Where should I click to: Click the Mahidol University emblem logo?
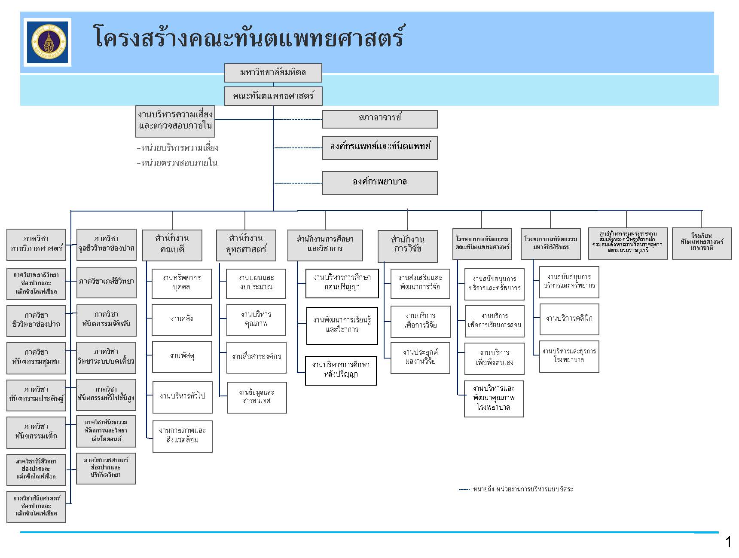47,42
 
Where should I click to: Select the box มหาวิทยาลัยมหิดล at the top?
273,73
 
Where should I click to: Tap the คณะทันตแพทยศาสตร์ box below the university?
273,96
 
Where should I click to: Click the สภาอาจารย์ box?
380,119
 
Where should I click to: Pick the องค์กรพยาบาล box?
380,183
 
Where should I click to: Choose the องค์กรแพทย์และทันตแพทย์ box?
380,147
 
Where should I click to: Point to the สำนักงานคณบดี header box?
172,245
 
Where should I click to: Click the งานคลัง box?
182,319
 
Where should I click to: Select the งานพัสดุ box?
182,356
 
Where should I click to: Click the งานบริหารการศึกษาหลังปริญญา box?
341,370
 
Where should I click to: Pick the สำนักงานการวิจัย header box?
407,246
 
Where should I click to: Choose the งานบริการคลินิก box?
569,319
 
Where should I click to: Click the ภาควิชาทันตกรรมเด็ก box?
36,432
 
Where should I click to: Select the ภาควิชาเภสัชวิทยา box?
106,282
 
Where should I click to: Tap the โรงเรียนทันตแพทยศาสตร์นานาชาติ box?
702,243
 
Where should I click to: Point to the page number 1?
728,543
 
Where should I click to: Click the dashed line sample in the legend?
464,490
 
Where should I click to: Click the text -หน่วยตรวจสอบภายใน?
177,163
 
